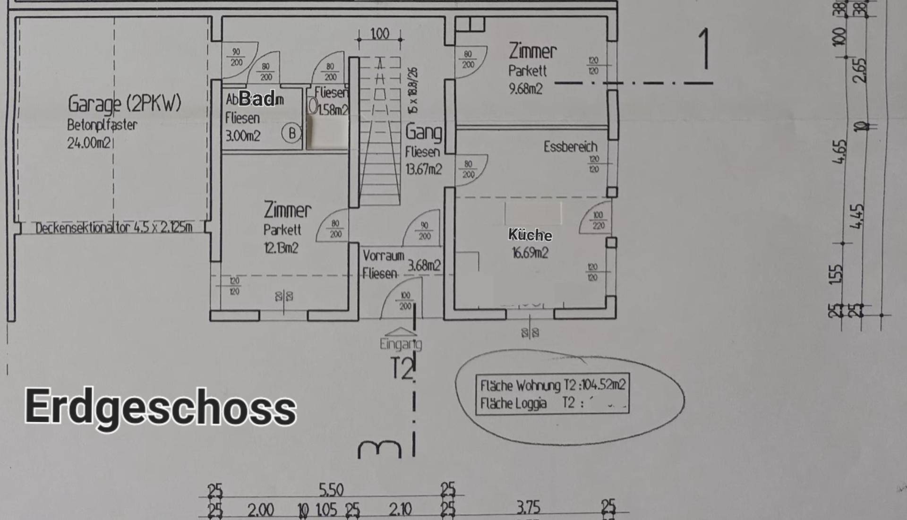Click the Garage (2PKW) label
click(x=124, y=103)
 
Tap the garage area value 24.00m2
click(x=89, y=143)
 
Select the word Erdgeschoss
click(x=161, y=407)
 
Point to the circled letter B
click(x=291, y=133)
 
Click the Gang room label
click(x=424, y=132)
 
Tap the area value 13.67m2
click(x=424, y=169)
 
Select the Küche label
click(x=530, y=235)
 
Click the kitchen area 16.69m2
click(x=530, y=253)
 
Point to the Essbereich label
click(x=570, y=147)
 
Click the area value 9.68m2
click(x=525, y=89)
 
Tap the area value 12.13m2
click(x=281, y=248)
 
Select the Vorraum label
click(x=383, y=256)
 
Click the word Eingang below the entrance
click(x=401, y=344)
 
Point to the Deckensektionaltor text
click(x=113, y=228)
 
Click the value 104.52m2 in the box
click(x=603, y=385)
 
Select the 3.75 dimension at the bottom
click(x=528, y=508)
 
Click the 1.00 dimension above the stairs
click(x=380, y=34)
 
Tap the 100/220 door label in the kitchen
click(x=598, y=221)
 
